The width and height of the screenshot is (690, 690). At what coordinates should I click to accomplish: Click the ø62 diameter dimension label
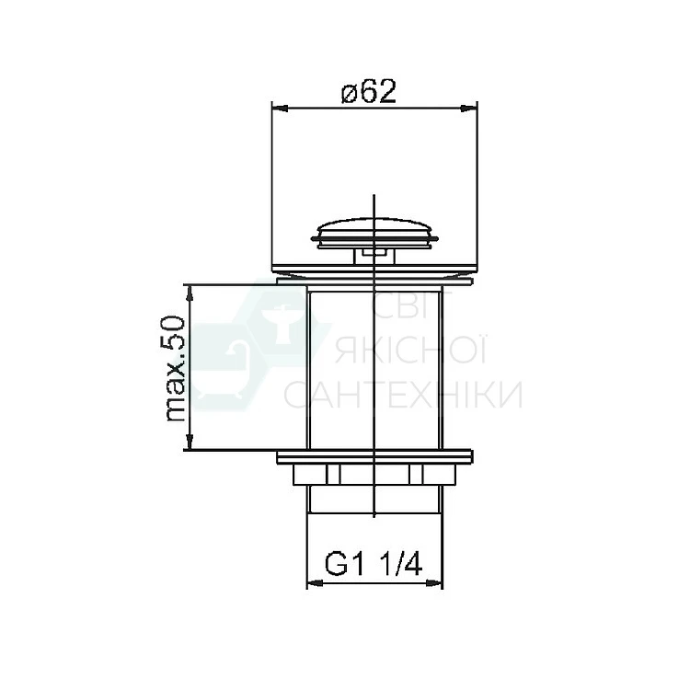[x=369, y=92]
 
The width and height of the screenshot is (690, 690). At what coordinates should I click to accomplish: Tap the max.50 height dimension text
[x=175, y=368]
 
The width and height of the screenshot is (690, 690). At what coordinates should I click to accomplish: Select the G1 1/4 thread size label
[x=374, y=564]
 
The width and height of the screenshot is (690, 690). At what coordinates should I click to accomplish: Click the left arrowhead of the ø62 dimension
[x=280, y=108]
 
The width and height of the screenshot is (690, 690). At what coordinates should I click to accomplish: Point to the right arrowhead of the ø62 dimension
[x=469, y=108]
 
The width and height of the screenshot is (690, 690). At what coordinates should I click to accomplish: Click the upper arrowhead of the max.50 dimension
[x=190, y=293]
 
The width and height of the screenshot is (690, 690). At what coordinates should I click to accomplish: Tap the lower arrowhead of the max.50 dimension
[x=190, y=442]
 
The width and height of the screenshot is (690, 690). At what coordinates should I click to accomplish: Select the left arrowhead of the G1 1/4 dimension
[x=315, y=583]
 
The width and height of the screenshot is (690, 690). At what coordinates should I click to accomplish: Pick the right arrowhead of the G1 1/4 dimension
[x=434, y=583]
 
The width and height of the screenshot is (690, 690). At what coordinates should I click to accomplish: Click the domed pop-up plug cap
[x=374, y=233]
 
